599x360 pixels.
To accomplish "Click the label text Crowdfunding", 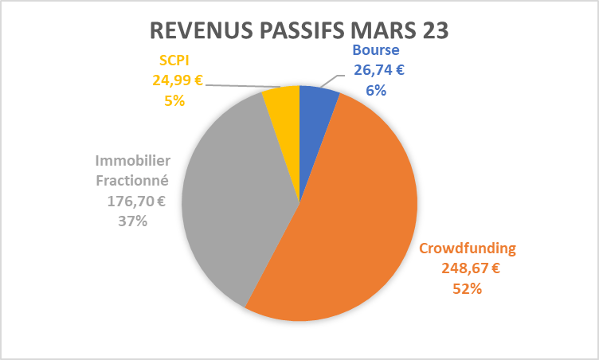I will (468, 248).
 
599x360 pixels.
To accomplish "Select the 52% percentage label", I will (468, 288).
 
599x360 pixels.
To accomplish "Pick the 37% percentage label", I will (132, 221).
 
